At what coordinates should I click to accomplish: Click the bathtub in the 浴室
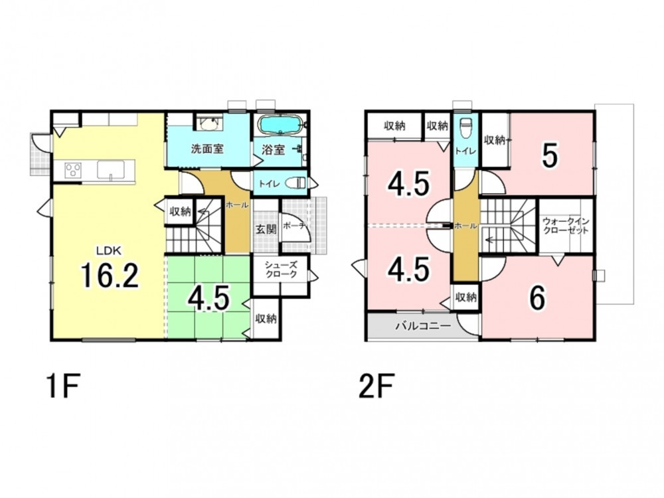280,125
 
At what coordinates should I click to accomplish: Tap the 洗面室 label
207,149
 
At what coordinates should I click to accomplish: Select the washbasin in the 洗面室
208,124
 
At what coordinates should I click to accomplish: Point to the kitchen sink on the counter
111,170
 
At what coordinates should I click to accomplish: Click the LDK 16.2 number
110,275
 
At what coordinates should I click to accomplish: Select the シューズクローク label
281,270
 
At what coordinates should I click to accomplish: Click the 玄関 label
266,229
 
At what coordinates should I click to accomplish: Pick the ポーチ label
293,226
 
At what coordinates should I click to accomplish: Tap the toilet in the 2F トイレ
466,125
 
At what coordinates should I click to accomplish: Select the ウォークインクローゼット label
566,226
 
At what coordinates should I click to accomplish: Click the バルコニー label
423,327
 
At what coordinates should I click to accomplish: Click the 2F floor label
376,386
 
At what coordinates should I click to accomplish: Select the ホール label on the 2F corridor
466,226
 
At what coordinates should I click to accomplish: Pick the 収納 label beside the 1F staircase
181,211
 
